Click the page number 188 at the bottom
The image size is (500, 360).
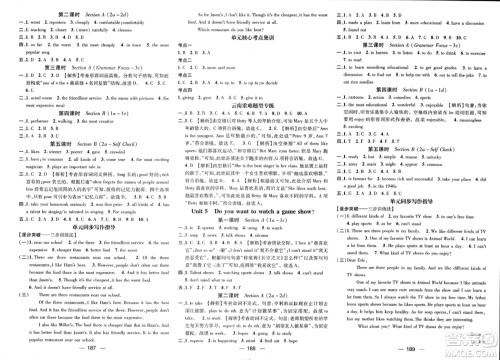tap(250, 352)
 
